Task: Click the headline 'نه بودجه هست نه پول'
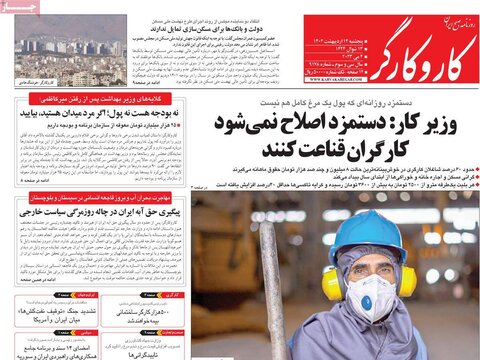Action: point(120,116)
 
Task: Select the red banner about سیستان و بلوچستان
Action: point(101,201)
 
